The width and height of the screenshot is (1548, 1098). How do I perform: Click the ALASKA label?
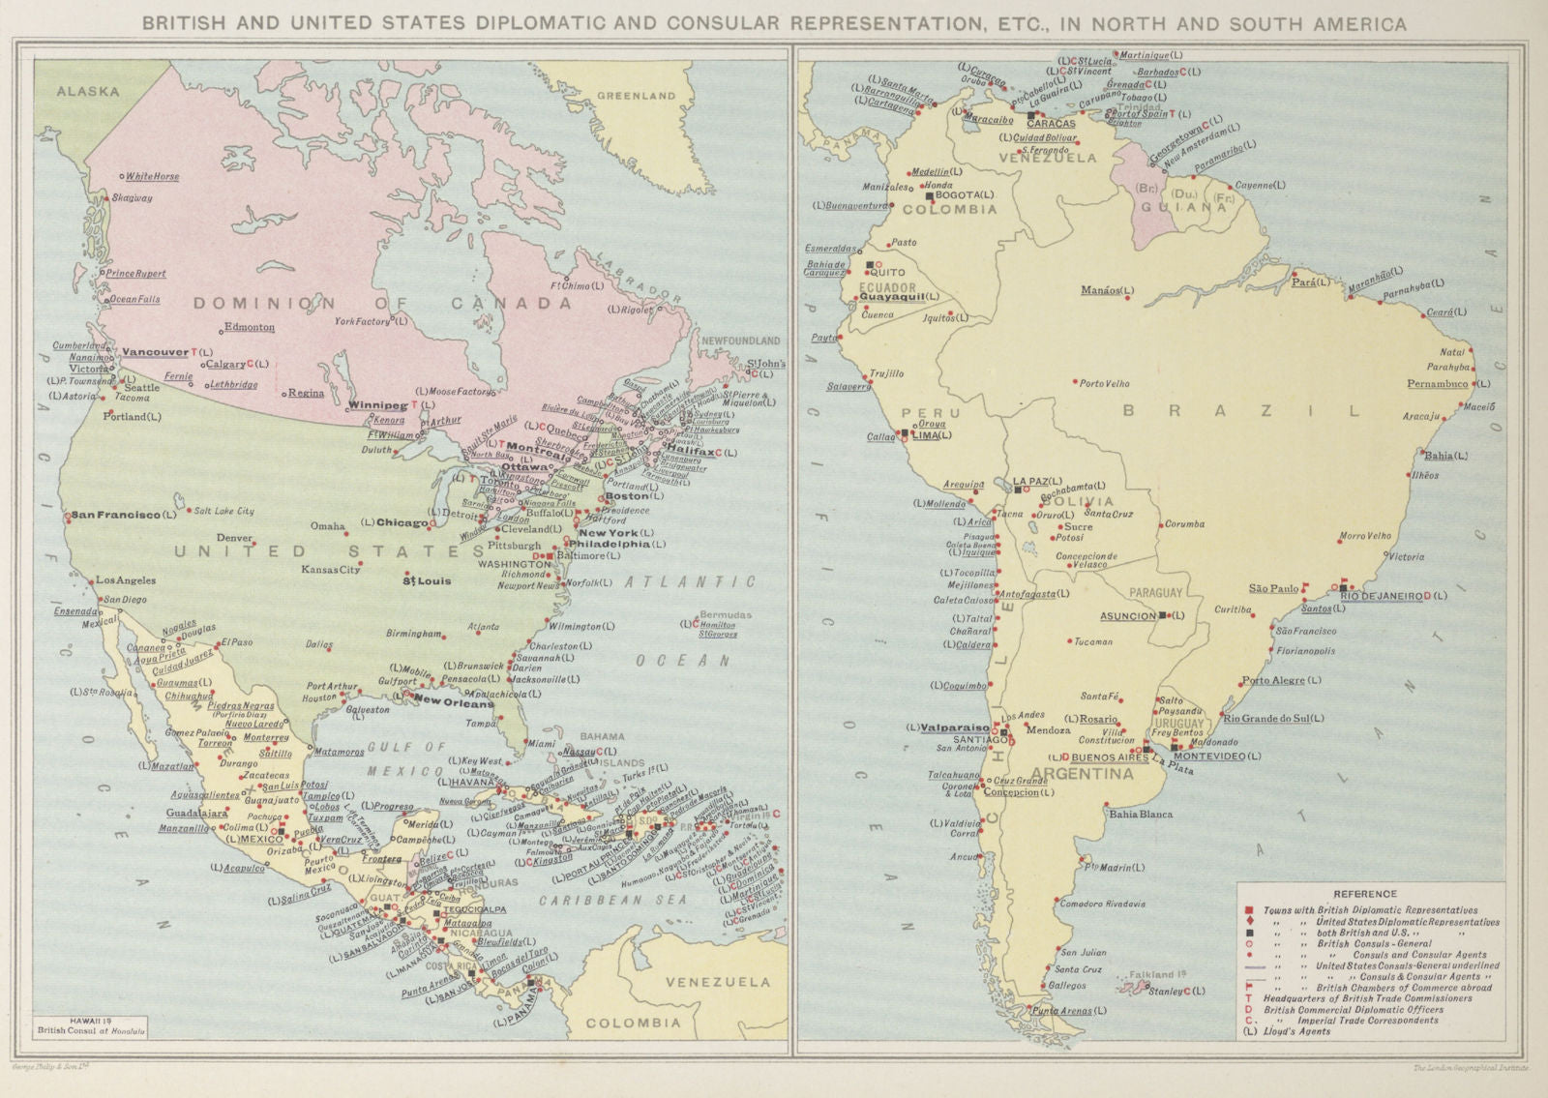(87, 91)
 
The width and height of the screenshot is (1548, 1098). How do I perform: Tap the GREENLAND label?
(636, 96)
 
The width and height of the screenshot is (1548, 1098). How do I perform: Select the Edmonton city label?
(249, 327)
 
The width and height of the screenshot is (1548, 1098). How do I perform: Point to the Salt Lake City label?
(224, 511)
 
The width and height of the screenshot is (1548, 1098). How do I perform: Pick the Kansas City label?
(330, 570)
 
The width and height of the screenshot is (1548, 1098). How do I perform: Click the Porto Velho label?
(1104, 383)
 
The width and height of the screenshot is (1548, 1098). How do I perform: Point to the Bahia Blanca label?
(1141, 814)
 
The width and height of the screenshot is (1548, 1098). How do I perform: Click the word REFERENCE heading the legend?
(1365, 894)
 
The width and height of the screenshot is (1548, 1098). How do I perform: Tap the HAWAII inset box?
(91, 1025)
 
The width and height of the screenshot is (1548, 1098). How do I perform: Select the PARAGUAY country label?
(1156, 592)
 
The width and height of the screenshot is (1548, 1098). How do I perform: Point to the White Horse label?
(152, 177)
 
